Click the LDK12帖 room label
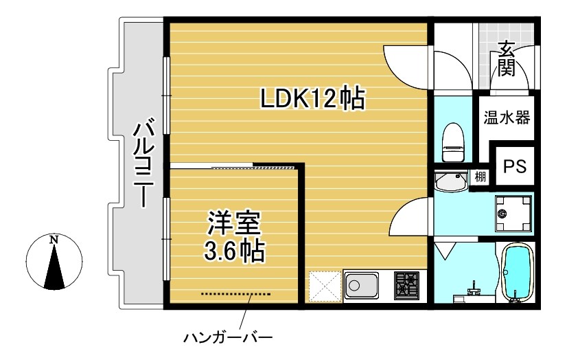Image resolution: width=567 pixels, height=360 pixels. click(311, 101)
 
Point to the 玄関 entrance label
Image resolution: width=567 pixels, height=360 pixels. click(507, 58)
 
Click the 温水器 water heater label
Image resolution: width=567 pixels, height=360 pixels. click(507, 117)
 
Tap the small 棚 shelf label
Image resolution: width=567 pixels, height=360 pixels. click(481, 177)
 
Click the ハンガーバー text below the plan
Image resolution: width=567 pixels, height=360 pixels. click(228, 338)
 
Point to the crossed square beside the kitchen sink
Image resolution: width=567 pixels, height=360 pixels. click(323, 285)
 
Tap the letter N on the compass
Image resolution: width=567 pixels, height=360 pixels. click(54, 240)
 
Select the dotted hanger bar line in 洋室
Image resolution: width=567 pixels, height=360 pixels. click(236, 294)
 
